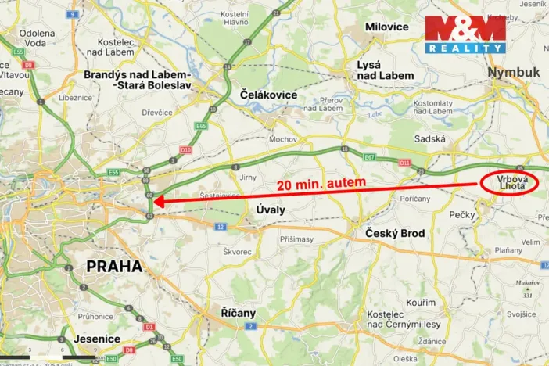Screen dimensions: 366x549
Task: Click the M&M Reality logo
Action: coord(465,34)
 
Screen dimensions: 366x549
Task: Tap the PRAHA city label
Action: coord(114,266)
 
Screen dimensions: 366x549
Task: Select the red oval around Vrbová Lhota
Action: coord(509,183)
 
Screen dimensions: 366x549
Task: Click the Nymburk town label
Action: coord(513,72)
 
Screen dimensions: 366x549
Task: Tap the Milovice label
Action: coord(387,27)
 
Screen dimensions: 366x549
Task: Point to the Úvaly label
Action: coord(271,210)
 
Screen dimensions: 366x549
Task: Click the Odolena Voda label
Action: coord(38,38)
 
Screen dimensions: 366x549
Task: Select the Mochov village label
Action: coord(282,138)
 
